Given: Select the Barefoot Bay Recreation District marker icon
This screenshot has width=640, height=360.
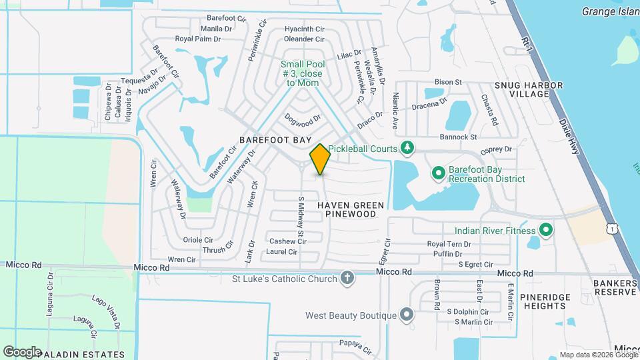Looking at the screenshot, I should pyautogui.click(x=439, y=174).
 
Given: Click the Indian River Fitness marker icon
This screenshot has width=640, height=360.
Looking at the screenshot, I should pyautogui.click(x=546, y=231).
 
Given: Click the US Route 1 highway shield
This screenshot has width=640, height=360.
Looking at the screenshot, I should pyautogui.click(x=611, y=228).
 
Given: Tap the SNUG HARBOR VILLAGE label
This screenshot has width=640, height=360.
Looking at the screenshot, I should pyautogui.click(x=529, y=90).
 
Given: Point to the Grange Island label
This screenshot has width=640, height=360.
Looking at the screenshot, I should pyautogui.click(x=610, y=11).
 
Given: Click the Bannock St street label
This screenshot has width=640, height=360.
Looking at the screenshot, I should pyautogui.click(x=459, y=137).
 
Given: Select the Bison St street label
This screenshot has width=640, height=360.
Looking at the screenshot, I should pyautogui.click(x=448, y=82).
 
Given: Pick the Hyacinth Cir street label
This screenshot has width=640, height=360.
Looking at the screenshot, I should pyautogui.click(x=304, y=29).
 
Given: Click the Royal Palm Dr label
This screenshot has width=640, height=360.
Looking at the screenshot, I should pyautogui.click(x=197, y=39).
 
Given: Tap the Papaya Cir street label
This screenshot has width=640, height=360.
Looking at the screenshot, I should pyautogui.click(x=354, y=347).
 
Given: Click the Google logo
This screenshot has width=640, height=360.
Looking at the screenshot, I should pyautogui.click(x=22, y=351).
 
